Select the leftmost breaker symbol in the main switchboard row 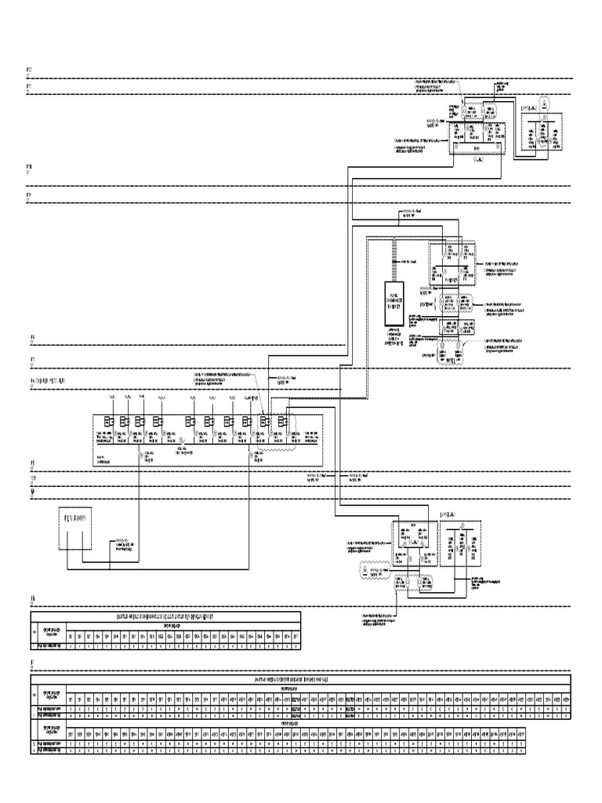111,422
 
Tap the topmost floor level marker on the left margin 29,71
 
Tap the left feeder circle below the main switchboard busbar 142,454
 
